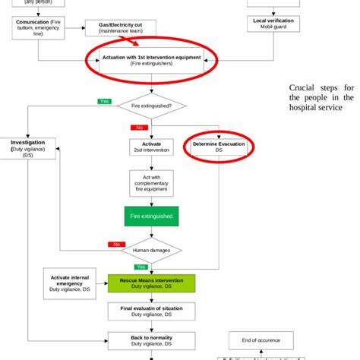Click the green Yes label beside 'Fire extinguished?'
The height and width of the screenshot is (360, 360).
click(104, 101)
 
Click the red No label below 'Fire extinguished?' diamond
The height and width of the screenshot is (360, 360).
click(138, 128)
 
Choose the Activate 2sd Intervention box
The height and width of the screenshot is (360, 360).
click(152, 147)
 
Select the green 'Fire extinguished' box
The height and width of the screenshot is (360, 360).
click(152, 216)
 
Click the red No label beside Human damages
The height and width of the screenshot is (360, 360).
click(116, 245)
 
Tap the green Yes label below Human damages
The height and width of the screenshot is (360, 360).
click(140, 267)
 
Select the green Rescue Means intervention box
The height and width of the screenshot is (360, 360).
click(152, 283)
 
